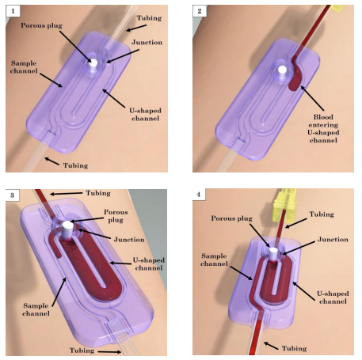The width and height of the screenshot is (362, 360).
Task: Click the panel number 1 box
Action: click(13, 11)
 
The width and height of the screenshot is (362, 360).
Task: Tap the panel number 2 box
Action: click(200, 11)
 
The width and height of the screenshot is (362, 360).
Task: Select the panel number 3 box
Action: click(13, 195)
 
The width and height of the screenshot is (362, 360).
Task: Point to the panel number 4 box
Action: click(199, 195)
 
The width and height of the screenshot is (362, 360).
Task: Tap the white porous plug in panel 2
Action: click(282, 71)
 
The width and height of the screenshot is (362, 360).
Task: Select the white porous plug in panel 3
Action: click(67, 230)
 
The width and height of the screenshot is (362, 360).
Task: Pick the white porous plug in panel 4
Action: click(273, 254)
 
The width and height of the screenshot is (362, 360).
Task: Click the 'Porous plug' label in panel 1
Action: click(41, 25)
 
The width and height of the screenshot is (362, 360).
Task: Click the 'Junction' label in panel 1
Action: click(147, 42)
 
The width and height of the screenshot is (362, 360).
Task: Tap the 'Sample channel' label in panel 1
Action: click(24, 67)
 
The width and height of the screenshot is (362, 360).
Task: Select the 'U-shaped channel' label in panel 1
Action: click(145, 114)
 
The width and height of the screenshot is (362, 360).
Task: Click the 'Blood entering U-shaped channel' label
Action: click(323, 128)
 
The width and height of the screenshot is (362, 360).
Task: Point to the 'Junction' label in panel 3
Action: click(129, 240)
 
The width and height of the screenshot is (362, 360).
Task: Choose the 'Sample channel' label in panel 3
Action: click(36, 309)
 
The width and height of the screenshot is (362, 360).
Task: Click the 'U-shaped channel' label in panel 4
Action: click(333, 297)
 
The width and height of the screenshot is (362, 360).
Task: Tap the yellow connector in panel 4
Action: click(284, 203)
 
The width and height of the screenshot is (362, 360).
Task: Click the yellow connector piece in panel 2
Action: click(337, 9)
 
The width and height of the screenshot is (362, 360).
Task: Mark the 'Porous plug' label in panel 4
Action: click(231, 218)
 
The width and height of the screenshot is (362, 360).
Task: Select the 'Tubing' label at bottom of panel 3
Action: click(82, 351)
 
